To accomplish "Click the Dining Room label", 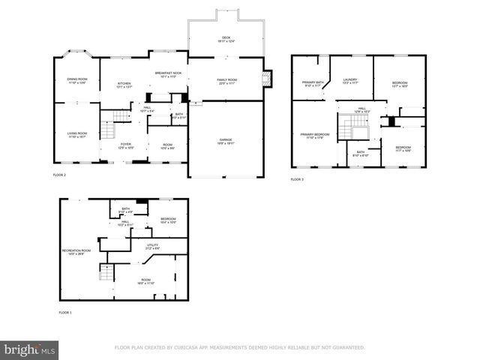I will (x=76, y=79).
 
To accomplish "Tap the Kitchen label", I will (x=124, y=84).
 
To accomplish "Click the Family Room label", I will (x=227, y=81).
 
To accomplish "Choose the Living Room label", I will (x=76, y=135).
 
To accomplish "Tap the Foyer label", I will (x=126, y=145).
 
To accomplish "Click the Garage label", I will (x=226, y=139).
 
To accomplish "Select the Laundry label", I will (x=349, y=80).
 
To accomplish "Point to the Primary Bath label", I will (x=313, y=83).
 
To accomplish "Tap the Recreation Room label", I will (x=76, y=252).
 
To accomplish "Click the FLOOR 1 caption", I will (x=66, y=312).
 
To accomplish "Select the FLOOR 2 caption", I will (x=59, y=175).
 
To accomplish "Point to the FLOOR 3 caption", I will (x=297, y=179).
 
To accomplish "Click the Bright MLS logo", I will (x=30, y=349).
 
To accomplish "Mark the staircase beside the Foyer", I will (x=111, y=117).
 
